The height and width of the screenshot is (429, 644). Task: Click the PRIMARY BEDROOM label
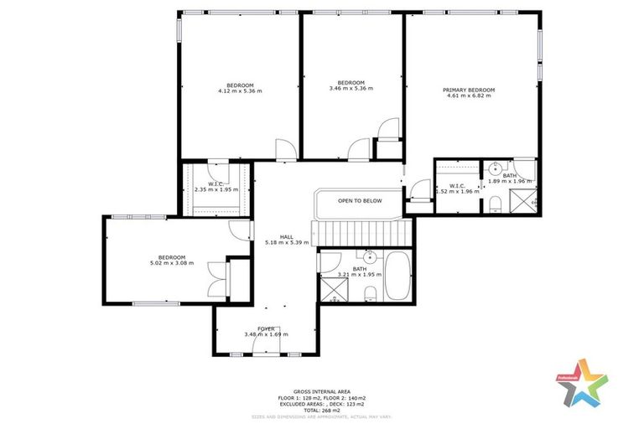tap(469, 90)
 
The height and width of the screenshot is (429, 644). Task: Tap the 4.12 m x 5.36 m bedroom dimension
tap(240, 90)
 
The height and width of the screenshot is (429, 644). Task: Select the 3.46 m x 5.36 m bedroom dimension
tap(351, 87)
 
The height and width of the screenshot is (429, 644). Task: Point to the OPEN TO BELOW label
tap(360, 201)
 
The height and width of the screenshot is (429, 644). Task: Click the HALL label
tap(286, 237)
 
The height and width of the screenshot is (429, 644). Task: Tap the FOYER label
tap(266, 328)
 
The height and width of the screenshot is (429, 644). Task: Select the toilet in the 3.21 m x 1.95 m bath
tap(370, 292)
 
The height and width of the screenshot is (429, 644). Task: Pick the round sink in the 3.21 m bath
tap(369, 256)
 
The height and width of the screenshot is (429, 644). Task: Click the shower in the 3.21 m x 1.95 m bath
tap(334, 289)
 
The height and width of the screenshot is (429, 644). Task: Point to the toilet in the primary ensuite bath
tap(496, 203)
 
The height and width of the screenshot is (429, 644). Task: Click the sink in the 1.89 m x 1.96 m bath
tap(496, 166)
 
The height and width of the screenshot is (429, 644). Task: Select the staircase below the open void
tap(359, 230)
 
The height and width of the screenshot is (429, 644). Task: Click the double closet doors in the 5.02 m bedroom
tap(217, 279)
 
